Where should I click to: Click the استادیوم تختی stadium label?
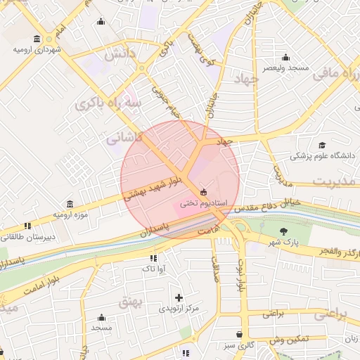203,203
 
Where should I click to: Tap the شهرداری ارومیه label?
37,51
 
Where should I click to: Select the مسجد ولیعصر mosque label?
285,68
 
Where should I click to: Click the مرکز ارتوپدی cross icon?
179,297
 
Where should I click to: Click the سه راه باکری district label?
108,103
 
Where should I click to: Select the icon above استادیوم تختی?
204,191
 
